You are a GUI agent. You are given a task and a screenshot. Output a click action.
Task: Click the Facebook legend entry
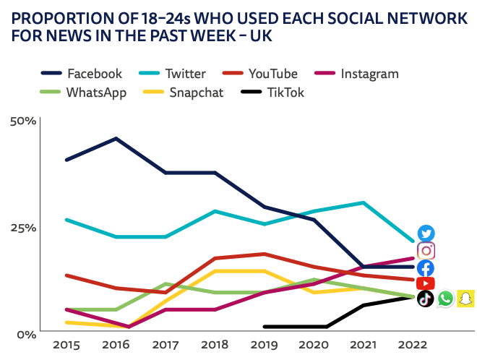(x=81, y=74)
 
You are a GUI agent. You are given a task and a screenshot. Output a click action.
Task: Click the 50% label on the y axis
(x=22, y=121)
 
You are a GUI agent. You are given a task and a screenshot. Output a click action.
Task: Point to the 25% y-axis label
(x=22, y=228)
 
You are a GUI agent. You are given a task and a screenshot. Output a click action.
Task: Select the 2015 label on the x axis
(x=66, y=346)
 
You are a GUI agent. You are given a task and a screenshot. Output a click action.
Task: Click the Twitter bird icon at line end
(x=426, y=233)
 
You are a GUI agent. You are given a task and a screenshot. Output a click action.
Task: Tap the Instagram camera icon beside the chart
(x=426, y=251)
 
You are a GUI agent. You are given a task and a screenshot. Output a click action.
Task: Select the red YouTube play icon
(x=426, y=283)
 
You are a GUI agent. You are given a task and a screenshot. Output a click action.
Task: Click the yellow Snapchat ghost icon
(x=465, y=299)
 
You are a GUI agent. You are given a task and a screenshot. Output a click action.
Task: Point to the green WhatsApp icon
(x=445, y=299)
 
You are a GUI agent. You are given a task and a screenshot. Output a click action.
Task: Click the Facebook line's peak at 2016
(x=116, y=138)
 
